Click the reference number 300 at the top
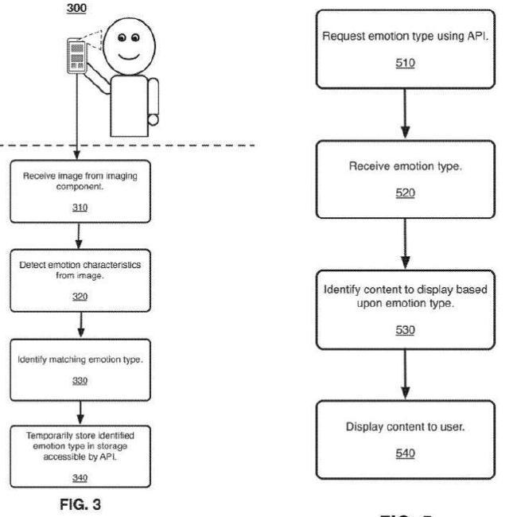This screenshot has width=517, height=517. [76, 8]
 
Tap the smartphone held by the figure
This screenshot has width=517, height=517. [77, 56]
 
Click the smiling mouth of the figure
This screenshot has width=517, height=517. [129, 56]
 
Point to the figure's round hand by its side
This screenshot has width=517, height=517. [153, 119]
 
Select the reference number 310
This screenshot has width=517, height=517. [80, 208]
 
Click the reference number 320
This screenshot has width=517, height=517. [80, 297]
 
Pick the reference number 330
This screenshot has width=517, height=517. [80, 381]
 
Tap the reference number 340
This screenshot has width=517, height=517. [80, 477]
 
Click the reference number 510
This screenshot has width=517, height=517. [405, 63]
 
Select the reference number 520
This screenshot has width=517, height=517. [405, 192]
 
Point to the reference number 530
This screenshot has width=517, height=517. [405, 330]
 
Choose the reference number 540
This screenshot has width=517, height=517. [405, 453]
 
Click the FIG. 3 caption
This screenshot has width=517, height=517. [80, 504]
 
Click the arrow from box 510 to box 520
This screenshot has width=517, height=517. [405, 114]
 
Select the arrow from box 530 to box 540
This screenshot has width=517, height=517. [405, 375]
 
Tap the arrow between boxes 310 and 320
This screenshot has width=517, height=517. [79, 235]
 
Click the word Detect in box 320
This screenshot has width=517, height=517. [33, 265]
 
